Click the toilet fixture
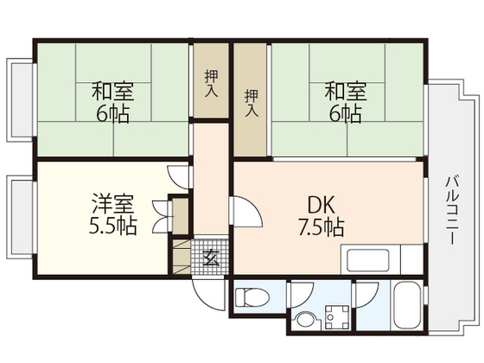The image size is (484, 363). point(252,298)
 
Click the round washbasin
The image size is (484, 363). point(305,321)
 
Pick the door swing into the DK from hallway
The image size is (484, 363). point(244,211)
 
